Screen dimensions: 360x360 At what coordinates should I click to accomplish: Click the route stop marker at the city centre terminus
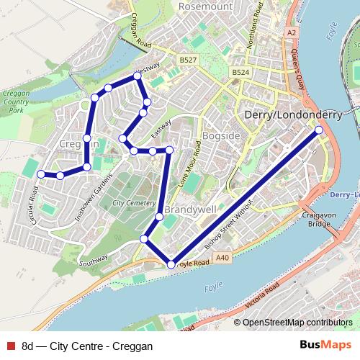(319, 130)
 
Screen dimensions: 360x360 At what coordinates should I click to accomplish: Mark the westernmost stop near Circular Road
(41, 174)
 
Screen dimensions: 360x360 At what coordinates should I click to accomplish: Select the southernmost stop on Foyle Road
(171, 265)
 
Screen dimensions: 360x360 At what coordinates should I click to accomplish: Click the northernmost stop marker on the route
(137, 76)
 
